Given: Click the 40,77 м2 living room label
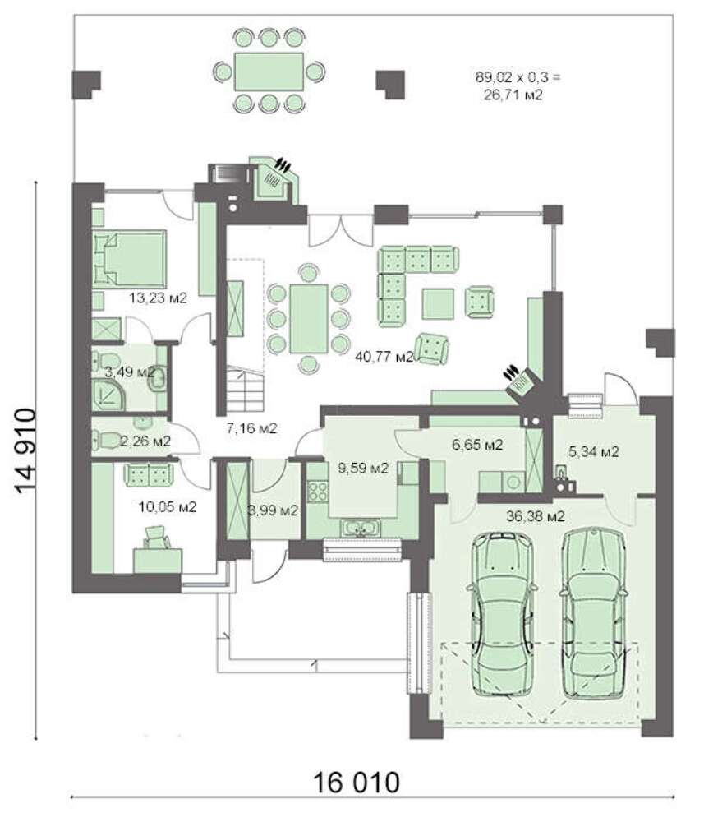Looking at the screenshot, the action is point(384,357).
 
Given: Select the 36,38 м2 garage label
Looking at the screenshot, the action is point(536,516).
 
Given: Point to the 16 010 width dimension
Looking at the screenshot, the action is point(357,783).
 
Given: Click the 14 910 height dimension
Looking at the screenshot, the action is point(25,450).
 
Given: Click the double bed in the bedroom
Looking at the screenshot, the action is point(129,259).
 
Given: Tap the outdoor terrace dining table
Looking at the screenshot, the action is point(269,71).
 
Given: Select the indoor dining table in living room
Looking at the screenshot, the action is point(309,318).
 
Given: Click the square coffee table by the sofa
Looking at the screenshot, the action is point(439,303).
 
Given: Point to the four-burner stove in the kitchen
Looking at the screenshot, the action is point(317,491).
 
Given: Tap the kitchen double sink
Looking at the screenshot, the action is point(361,528).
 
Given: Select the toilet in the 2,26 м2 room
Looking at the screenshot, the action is point(106,439).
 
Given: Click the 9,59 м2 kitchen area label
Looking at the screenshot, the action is point(363,469).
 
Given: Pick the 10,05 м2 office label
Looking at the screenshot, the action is point(167,507).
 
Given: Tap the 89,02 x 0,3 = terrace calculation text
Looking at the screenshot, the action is point(518,77).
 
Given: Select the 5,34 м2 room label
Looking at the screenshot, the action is point(593,451).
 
